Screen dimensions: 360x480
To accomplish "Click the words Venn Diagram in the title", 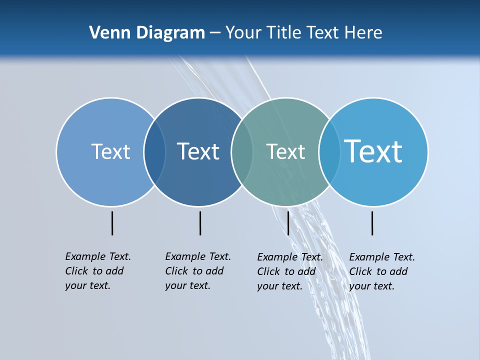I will coord(147,33).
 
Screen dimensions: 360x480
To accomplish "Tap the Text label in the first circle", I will coord(110,151).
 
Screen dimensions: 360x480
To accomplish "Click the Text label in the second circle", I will coord(198,151).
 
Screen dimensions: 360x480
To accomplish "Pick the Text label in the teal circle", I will coord(285,151).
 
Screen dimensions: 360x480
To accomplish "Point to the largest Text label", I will coord(373,151).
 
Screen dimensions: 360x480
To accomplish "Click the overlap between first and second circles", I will coord(154,152).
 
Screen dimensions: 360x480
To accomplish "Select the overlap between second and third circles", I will coord(242,152).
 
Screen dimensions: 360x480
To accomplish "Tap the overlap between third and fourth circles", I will coord(329,152).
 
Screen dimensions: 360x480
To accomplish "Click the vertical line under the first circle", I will coord(112,223).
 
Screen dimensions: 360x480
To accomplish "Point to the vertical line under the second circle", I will coord(200,223).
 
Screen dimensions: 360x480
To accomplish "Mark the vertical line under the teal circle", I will coord(288,223).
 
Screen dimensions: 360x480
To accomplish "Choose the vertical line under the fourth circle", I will coord(372,223).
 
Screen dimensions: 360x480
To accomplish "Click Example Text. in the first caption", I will coord(98,256).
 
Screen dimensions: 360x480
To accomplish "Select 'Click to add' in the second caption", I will coord(194,271).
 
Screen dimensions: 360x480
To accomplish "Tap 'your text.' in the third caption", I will coord(279,286).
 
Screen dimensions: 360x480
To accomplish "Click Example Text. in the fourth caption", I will coord(382,257).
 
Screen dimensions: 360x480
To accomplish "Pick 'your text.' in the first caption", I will coord(87,285).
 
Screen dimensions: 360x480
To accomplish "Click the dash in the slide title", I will coord(215,33).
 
